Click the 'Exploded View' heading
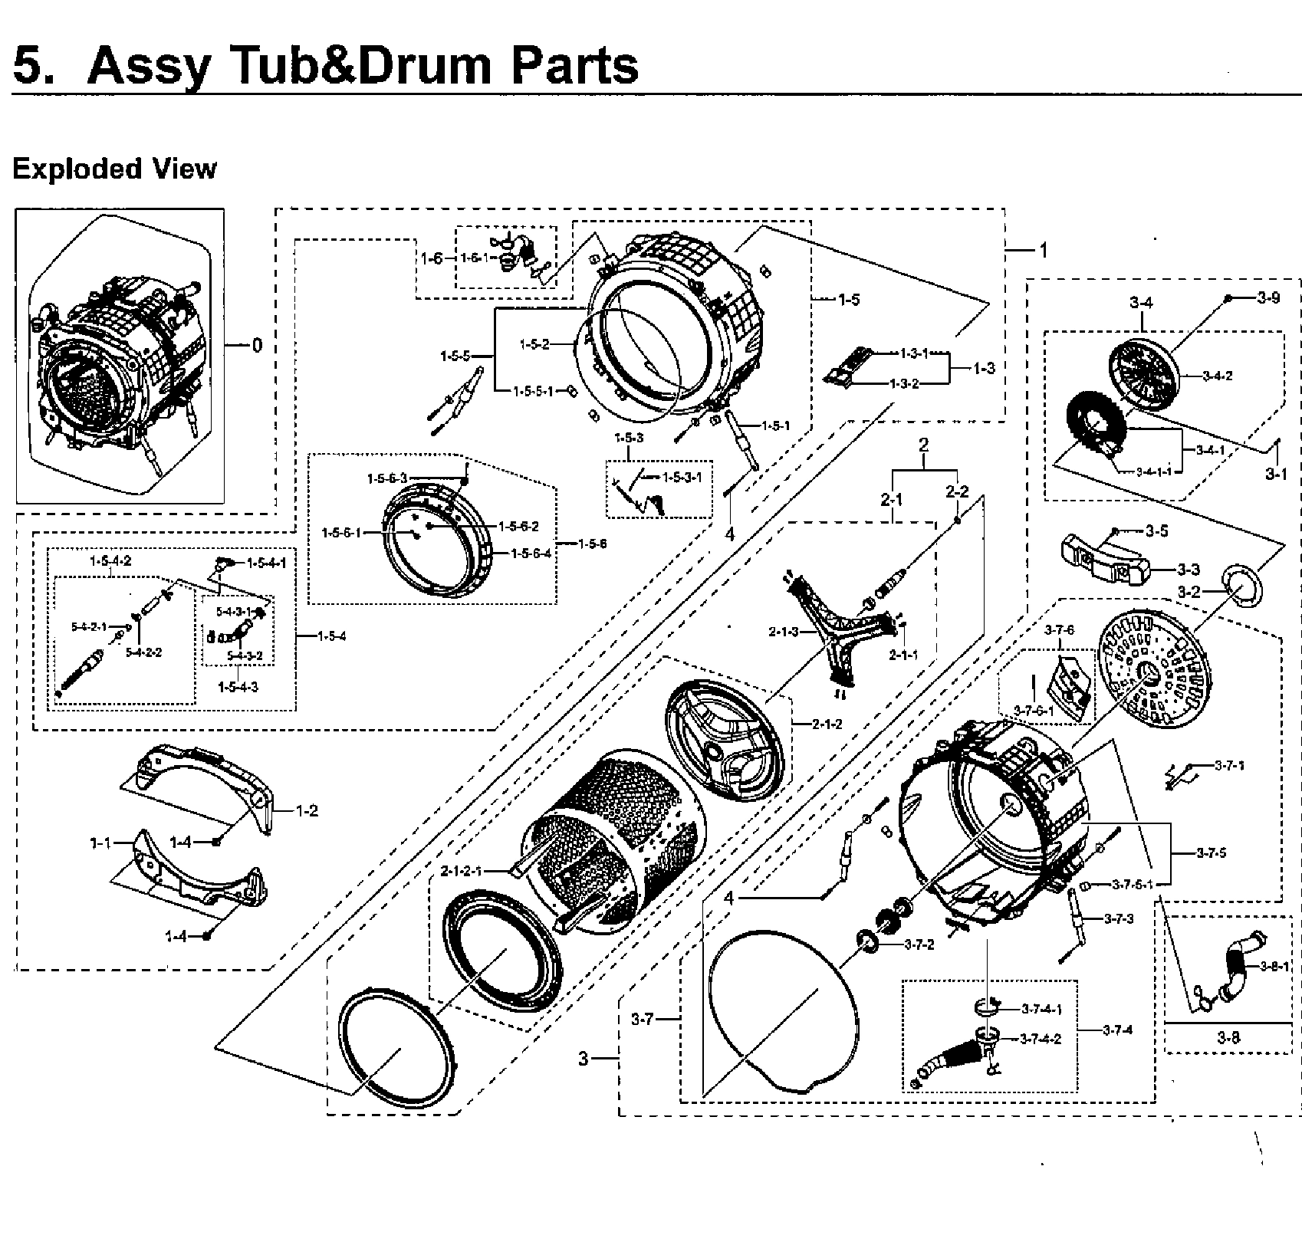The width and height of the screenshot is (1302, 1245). tap(114, 169)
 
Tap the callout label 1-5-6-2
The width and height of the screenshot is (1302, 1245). tap(518, 527)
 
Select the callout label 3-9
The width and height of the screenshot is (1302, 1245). tap(1268, 298)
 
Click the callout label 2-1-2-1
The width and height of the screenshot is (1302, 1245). tap(462, 871)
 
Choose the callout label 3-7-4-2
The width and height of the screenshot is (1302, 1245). tap(1041, 1040)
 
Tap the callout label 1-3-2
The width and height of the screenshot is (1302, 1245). tap(904, 383)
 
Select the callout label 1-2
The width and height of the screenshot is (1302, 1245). tap(307, 811)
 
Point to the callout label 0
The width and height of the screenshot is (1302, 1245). tap(257, 346)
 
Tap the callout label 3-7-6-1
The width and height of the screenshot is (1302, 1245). tap(1033, 711)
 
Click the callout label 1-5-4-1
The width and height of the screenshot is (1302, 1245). tap(267, 563)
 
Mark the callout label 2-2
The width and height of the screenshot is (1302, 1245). tap(957, 492)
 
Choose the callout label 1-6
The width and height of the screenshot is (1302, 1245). tap(432, 258)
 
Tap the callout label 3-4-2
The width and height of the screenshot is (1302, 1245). tap(1217, 376)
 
